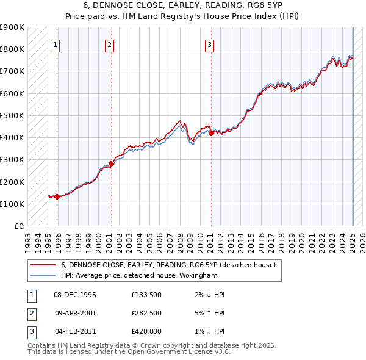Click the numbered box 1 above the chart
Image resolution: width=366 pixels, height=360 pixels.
tap(56, 44)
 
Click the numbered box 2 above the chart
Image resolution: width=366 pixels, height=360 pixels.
tap(109, 44)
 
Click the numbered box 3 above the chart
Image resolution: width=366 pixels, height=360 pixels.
tap(209, 44)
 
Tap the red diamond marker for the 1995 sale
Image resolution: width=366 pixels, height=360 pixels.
tap(57, 196)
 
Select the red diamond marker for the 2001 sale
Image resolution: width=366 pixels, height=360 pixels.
tap(111, 164)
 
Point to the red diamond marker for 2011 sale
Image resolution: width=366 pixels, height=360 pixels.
tap(210, 133)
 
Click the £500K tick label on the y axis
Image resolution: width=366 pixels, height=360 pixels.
tap(12, 115)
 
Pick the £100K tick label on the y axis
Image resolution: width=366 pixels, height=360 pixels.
tap(12, 204)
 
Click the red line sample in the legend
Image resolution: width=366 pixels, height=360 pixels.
tap(43, 265)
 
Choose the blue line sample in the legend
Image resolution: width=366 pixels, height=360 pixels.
tap(43, 275)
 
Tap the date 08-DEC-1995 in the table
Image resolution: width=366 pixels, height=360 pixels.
tap(75, 295)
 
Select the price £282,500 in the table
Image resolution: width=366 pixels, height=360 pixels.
tap(146, 313)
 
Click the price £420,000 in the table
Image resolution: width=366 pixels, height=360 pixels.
tap(146, 331)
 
